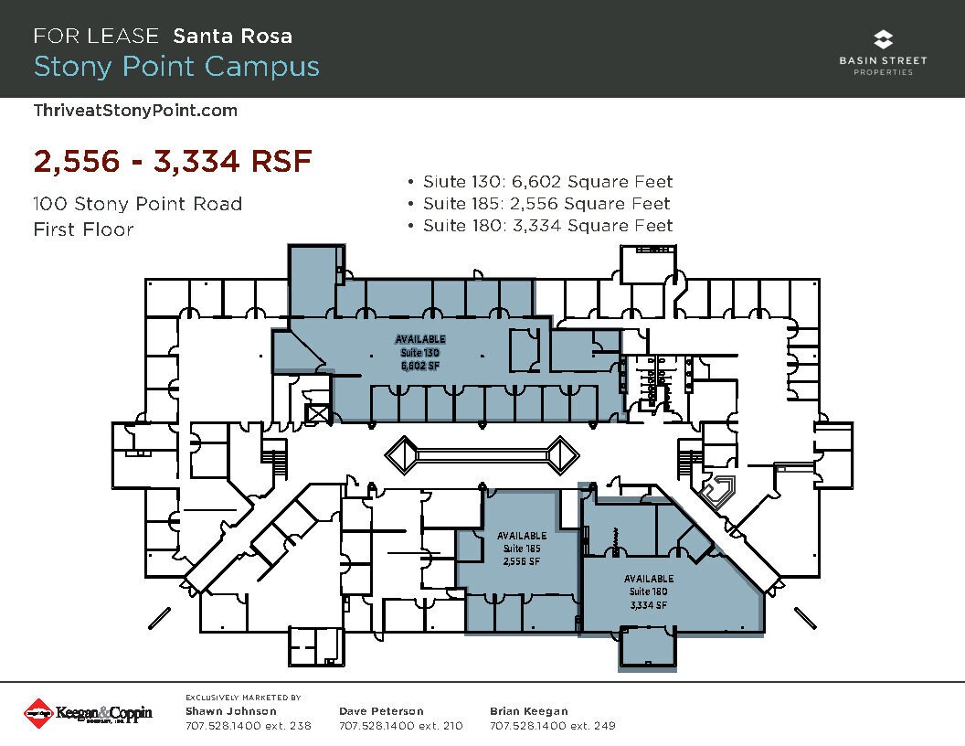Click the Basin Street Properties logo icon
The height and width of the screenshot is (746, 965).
[x=883, y=39]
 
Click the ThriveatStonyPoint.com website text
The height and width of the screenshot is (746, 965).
[x=135, y=111]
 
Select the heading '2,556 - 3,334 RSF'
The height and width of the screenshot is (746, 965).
[x=173, y=162]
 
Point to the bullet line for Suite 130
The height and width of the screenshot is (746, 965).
[x=540, y=182]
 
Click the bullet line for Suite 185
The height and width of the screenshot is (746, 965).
[x=540, y=204]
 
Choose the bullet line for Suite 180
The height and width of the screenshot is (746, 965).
[x=540, y=226]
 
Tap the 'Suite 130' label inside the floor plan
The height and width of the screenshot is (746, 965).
[x=420, y=352]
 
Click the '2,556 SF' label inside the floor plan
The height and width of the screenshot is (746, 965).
[x=522, y=561]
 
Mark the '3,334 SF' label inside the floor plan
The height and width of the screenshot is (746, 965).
[x=649, y=604]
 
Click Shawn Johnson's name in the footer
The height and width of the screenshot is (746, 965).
[x=230, y=711]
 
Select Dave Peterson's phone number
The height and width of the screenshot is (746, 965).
[x=400, y=727]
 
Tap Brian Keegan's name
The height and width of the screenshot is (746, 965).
[x=528, y=711]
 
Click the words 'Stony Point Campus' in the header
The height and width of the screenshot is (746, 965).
[x=176, y=67]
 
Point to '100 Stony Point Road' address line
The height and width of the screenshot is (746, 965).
[x=138, y=204]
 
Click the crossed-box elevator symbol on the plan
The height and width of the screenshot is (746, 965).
[x=319, y=413]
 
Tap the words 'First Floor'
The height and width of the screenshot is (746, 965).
[x=83, y=229]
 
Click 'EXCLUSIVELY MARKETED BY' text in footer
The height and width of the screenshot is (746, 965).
[x=243, y=698]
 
